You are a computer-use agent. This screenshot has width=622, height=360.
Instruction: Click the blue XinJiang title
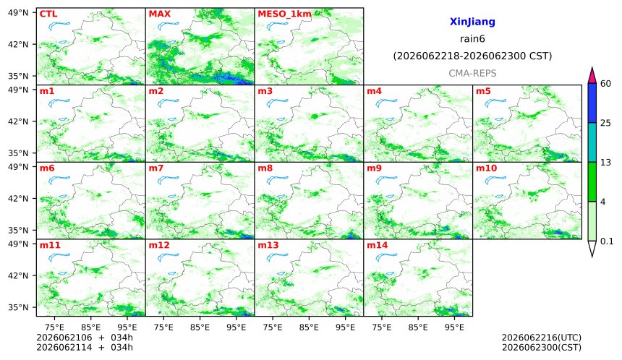[472, 22]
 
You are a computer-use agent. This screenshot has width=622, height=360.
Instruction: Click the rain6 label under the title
[472, 39]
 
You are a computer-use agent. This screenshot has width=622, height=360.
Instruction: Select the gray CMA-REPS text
[472, 73]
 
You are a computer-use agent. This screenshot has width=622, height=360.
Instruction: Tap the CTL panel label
[48, 14]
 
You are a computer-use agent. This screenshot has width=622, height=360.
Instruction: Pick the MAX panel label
[159, 14]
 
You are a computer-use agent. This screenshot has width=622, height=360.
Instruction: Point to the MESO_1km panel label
[284, 14]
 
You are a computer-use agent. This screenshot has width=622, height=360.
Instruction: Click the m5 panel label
[482, 91]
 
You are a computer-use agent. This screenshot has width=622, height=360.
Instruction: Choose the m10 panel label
[486, 168]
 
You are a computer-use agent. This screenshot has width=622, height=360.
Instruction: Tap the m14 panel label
[378, 245]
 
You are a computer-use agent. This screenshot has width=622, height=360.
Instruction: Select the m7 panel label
[156, 168]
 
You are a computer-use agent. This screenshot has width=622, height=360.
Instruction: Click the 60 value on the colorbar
[605, 84]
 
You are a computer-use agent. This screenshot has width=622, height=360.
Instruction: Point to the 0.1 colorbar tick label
[607, 241]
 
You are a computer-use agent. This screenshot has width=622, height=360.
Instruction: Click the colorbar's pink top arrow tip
[592, 68]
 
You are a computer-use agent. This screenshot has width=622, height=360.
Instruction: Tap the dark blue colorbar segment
[592, 103]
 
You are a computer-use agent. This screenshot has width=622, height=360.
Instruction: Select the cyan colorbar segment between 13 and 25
[592, 142]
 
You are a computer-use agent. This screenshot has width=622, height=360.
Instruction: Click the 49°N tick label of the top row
[18, 13]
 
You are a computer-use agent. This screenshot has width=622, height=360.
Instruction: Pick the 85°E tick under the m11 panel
[91, 327]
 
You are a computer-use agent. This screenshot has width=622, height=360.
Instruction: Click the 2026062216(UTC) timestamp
[542, 338]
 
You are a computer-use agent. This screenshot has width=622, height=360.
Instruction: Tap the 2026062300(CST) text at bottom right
[542, 348]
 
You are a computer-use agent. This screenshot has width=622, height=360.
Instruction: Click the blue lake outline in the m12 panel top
[168, 257]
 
